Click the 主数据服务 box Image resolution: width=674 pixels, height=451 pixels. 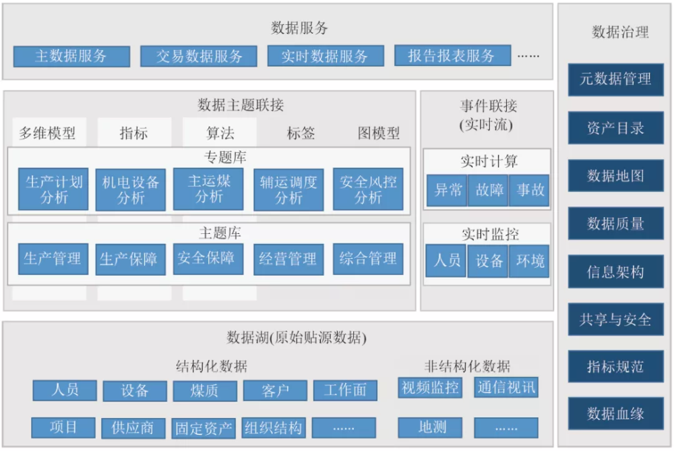pos(71,56)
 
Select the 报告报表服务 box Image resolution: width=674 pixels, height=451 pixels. pos(451,55)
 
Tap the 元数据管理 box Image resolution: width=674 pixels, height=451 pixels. pos(615,80)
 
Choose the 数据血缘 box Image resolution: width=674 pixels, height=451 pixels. pos(615,413)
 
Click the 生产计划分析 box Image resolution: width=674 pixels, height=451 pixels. pos(53,189)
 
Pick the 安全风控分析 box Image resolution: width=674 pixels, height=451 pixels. pos(368,189)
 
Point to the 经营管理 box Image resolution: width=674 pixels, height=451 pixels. pos(288,259)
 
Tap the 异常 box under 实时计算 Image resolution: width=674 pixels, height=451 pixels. pos(448,190)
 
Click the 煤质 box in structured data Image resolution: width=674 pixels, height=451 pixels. pos(205,390)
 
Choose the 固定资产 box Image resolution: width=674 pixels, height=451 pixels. pos(204,427)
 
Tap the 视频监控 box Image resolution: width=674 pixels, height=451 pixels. pos(430,388)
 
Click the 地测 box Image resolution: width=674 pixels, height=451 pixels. pos(430,427)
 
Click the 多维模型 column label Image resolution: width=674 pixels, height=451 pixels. pos(47,133)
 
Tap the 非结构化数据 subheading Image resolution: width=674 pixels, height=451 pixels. pos(467,367)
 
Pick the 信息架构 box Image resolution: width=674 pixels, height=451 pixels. pos(615,272)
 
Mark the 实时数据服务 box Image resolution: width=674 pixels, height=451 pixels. pos(325,56)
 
